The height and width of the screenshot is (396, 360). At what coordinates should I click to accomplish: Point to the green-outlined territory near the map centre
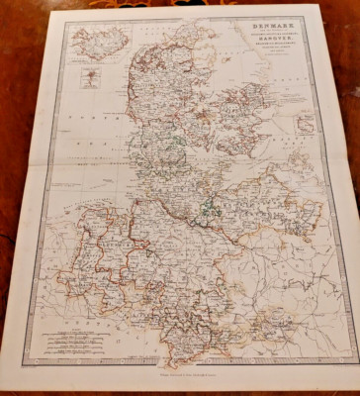[211, 210]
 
